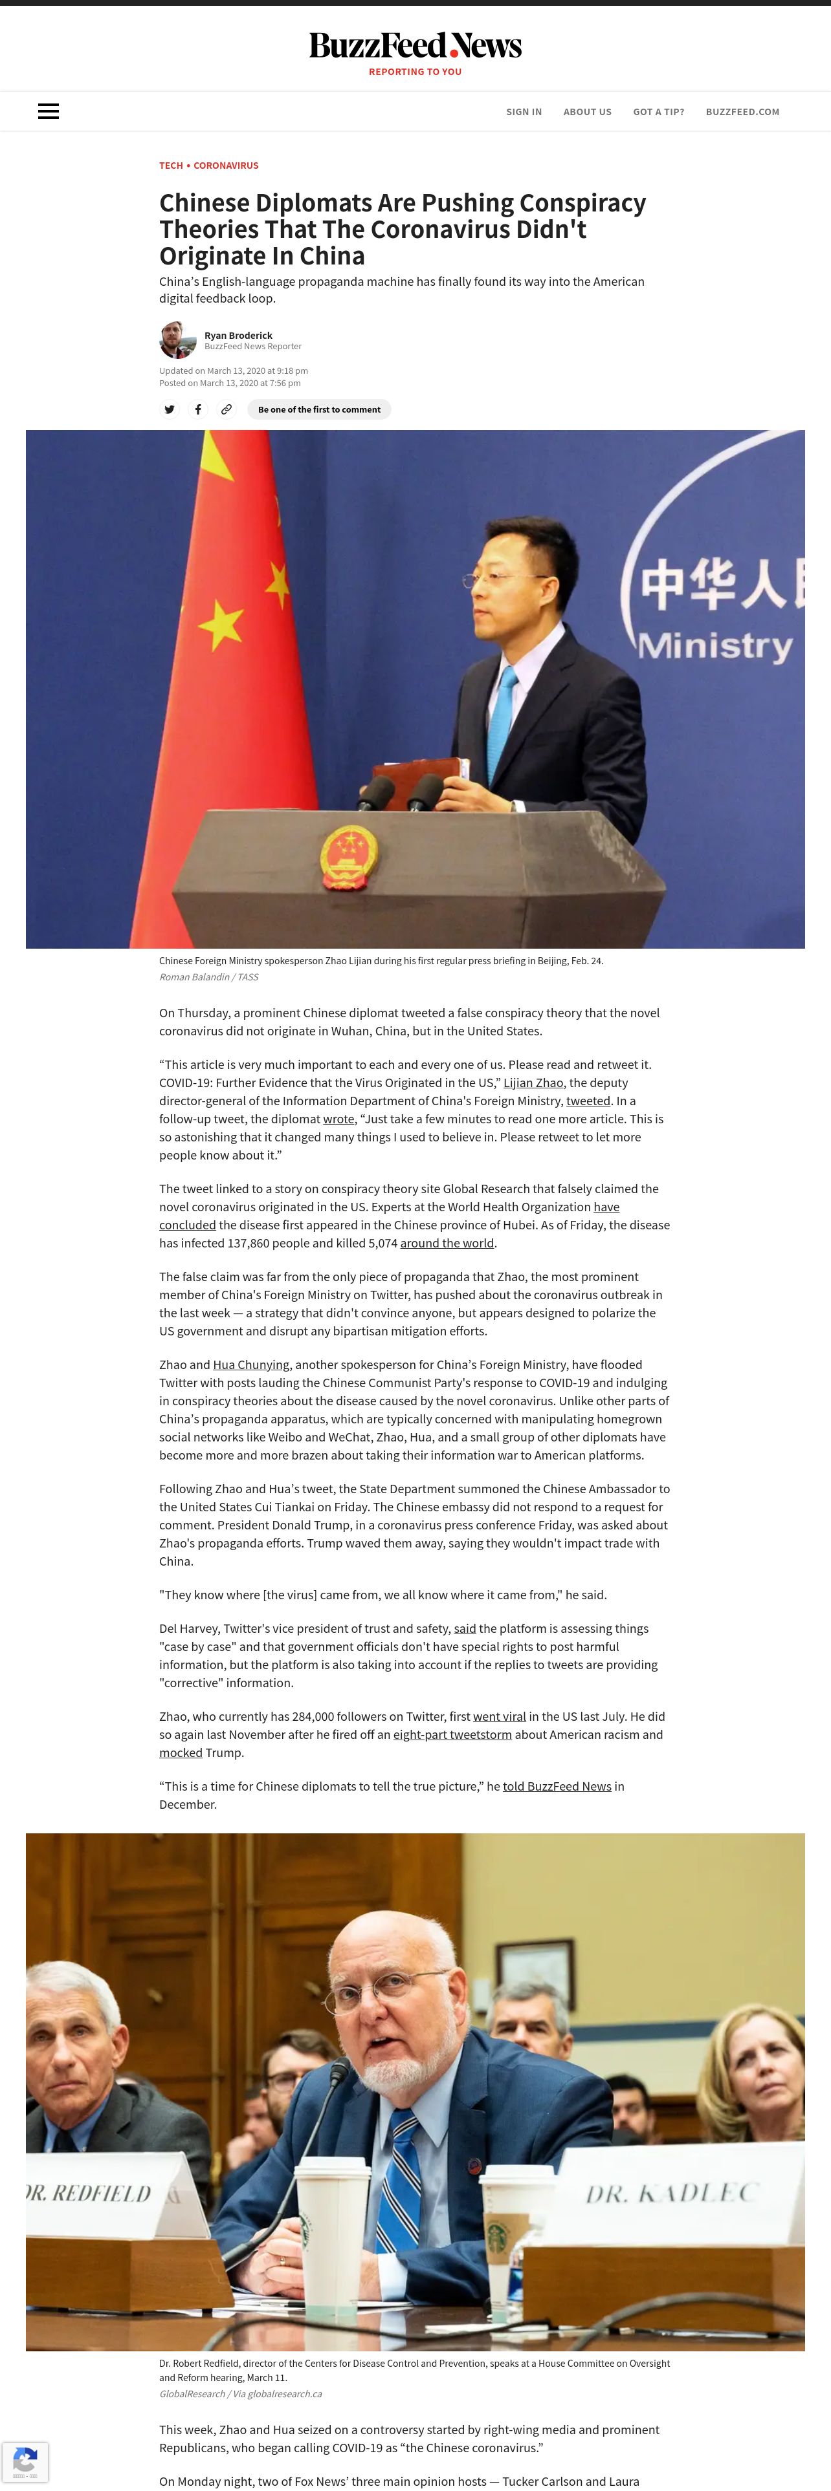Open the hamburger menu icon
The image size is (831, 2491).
click(x=49, y=111)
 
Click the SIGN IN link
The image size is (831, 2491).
click(x=524, y=112)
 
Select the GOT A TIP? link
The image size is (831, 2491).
click(x=658, y=112)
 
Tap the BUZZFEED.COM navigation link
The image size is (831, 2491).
click(x=742, y=112)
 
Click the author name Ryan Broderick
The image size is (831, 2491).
click(x=238, y=336)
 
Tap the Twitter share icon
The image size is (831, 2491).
click(x=170, y=409)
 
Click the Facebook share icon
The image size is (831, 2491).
click(x=197, y=409)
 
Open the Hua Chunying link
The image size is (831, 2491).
click(x=250, y=1364)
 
